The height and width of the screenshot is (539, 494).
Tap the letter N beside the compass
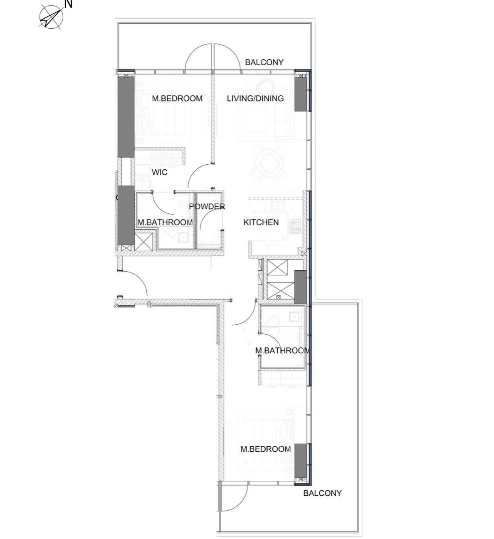coord(69,4)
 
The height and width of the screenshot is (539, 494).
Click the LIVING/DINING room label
coord(255,98)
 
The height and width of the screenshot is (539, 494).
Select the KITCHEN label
coord(261,222)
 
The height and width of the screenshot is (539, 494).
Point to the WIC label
coord(160,172)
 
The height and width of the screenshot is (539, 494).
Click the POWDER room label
coord(207,207)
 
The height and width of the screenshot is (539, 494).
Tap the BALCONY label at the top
coord(264,62)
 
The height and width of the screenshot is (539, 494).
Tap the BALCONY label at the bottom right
coord(323,493)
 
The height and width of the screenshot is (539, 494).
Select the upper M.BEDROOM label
coord(177,98)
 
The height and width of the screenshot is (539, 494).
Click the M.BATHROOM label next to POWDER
coord(165,223)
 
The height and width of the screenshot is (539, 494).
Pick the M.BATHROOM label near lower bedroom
coord(282,350)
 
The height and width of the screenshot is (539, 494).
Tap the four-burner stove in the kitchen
coord(295,226)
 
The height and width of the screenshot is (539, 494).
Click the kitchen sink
coord(276,206)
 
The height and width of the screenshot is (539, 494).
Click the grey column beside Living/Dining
coord(301,93)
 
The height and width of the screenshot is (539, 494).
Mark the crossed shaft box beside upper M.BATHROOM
coord(143,242)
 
